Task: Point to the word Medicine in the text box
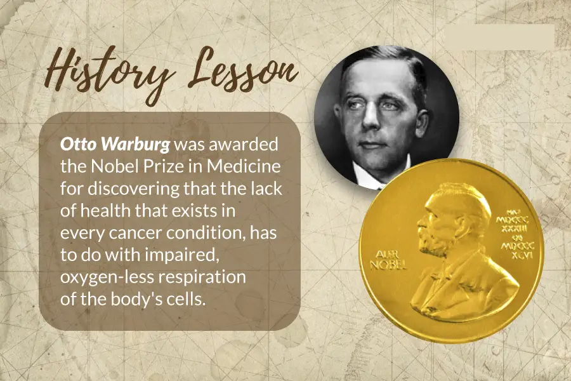pyautogui.click(x=244, y=166)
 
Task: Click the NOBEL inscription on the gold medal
pyautogui.click(x=388, y=265)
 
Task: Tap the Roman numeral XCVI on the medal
pyautogui.click(x=522, y=255)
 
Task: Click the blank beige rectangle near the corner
pyautogui.click(x=500, y=37)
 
